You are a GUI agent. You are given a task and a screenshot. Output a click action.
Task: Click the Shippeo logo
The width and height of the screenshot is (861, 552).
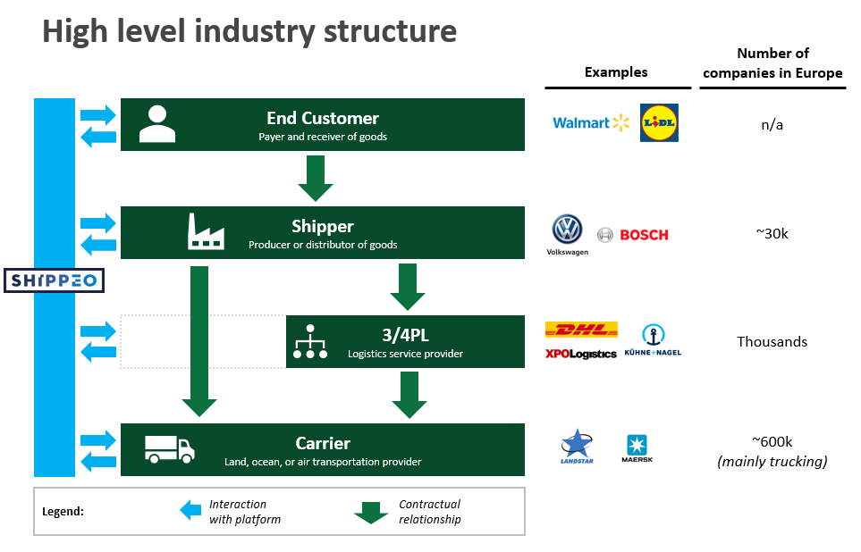tap(54, 280)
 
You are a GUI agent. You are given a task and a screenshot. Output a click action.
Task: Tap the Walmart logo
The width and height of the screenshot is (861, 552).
tap(591, 123)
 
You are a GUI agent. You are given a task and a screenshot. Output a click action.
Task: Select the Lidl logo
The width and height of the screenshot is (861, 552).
tap(659, 123)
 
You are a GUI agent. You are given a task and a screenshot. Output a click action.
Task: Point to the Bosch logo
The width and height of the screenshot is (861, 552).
tap(633, 235)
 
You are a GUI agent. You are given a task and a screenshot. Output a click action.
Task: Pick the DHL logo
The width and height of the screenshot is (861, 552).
tap(581, 330)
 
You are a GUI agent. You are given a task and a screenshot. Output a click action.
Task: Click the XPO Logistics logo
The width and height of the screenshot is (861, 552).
tap(581, 354)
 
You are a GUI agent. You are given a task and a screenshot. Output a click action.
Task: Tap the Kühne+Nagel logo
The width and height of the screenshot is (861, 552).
tap(653, 340)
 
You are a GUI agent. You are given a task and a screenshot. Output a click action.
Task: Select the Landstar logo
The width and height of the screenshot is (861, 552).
tap(577, 446)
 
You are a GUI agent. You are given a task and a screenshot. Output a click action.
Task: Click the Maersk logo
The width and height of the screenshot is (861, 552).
tap(637, 448)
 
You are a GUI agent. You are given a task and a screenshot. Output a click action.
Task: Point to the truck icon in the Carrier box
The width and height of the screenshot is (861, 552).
tap(170, 449)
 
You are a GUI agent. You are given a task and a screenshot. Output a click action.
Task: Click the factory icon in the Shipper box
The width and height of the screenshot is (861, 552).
tap(206, 231)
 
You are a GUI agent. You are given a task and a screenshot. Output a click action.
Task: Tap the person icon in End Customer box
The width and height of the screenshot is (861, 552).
tap(157, 124)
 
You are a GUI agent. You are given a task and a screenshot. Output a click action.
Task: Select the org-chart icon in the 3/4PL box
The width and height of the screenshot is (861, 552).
tap(310, 341)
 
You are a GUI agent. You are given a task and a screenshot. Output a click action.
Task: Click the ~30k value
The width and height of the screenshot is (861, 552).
tap(772, 234)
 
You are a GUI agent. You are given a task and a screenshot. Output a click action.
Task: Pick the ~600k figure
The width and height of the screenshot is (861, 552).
tap(772, 442)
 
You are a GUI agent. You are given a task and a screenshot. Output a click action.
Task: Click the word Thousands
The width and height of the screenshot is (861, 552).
tap(772, 342)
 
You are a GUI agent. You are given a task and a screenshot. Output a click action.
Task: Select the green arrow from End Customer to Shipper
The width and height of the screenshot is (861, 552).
tap(316, 179)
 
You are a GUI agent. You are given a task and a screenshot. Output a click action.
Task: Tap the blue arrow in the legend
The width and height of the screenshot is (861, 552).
tap(190, 510)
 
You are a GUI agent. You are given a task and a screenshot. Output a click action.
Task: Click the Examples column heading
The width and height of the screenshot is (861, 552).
tap(616, 71)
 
